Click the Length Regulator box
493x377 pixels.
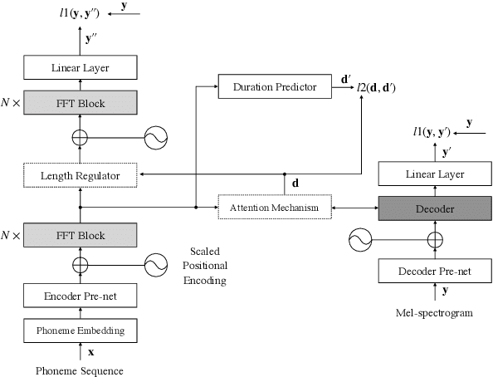point(81,175)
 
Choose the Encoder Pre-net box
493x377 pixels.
point(81,296)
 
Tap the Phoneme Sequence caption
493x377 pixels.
point(81,370)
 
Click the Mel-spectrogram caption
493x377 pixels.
point(432,314)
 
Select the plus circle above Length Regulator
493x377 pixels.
point(81,138)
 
